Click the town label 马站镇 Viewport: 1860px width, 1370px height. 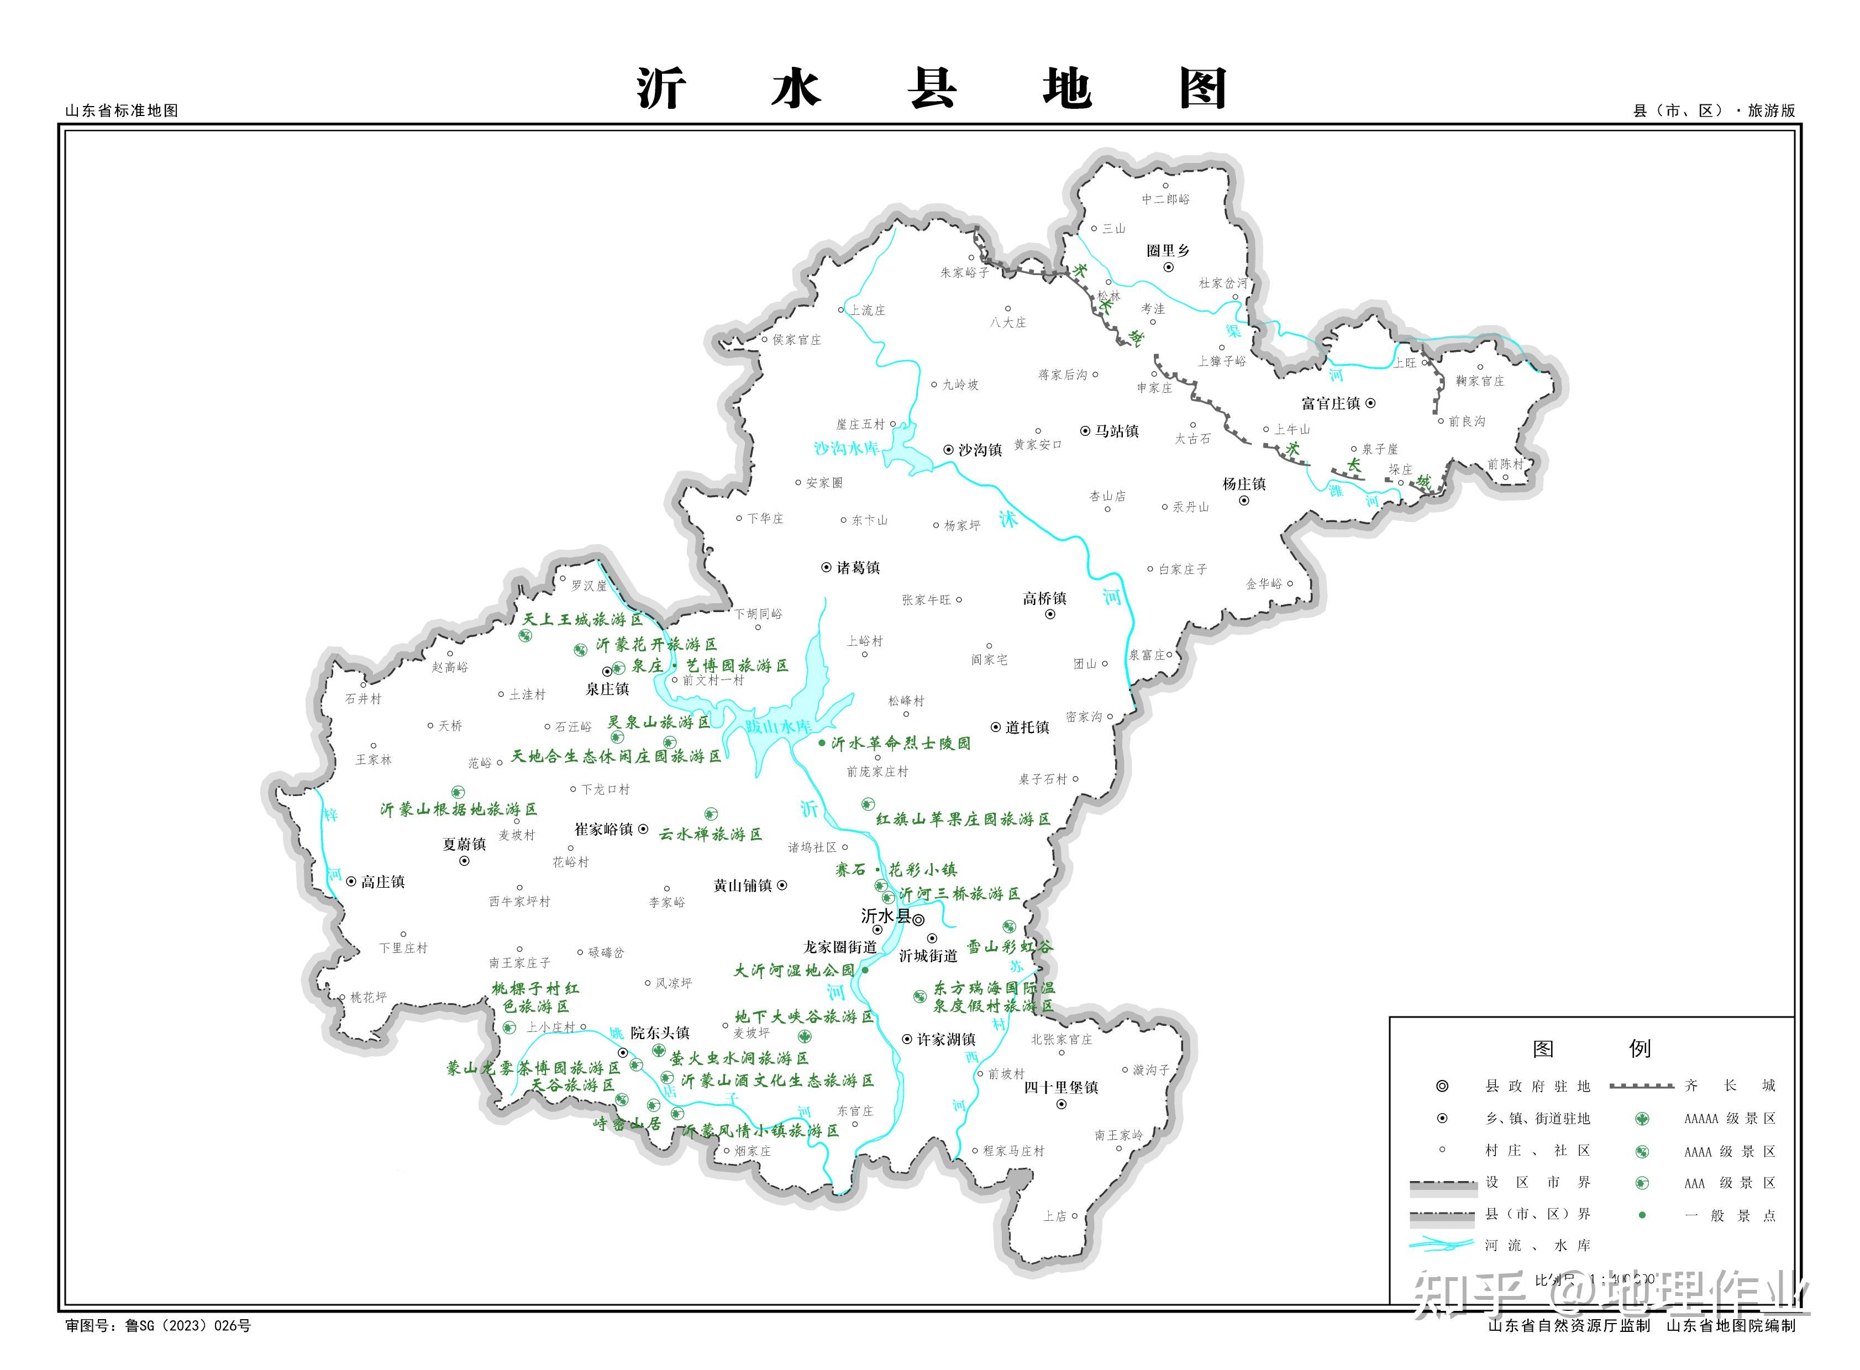[1117, 431]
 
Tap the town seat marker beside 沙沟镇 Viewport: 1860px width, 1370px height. [948, 450]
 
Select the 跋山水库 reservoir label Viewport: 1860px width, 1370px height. [778, 726]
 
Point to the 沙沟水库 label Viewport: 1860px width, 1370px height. [845, 448]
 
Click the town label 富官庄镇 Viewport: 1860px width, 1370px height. [1331, 404]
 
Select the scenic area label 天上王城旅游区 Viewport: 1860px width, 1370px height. [582, 619]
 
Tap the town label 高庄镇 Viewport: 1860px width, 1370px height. [382, 882]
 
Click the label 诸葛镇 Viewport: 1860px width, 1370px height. [858, 568]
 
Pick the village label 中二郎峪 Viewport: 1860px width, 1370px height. [1165, 199]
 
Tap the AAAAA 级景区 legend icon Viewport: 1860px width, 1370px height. [1641, 1119]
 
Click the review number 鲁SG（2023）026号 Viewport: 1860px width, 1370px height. [187, 1326]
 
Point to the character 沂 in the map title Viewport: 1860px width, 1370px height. [661, 89]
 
